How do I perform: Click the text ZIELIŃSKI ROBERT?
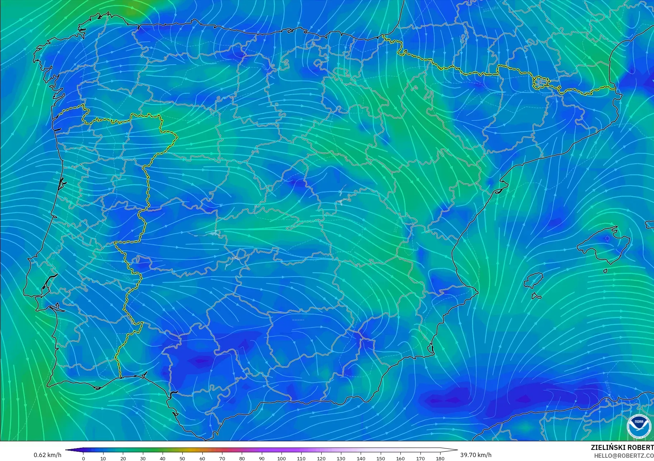click(622, 448)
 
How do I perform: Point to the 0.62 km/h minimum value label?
click(48, 455)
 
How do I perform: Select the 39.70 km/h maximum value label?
click(476, 455)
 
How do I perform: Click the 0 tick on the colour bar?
click(83, 458)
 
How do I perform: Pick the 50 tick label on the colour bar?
click(182, 458)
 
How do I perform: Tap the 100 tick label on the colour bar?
click(282, 458)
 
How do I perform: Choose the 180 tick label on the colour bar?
click(440, 458)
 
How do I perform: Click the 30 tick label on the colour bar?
click(143, 458)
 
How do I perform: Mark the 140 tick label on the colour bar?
click(361, 458)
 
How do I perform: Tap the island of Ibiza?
click(533, 280)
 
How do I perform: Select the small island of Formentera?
click(536, 296)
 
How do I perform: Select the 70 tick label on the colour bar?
click(222, 458)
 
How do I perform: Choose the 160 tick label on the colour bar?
click(400, 458)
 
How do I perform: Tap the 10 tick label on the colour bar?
click(103, 458)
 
